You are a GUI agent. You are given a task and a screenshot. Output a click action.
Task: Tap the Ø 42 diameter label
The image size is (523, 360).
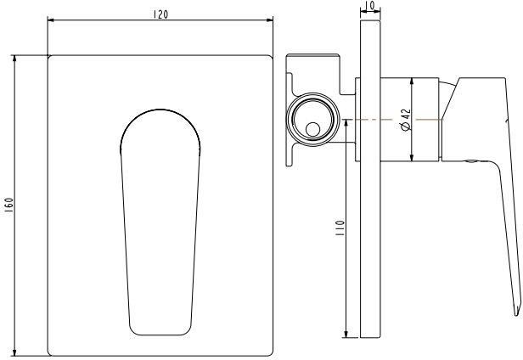tap(405, 120)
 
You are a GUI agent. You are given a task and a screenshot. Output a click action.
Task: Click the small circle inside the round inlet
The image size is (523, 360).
tap(313, 130)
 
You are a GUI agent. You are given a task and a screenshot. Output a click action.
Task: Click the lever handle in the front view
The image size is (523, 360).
tap(161, 229)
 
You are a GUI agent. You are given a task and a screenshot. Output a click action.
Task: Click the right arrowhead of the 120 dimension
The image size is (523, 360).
tap(271, 21)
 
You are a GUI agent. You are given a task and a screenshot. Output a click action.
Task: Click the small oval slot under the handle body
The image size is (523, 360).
tap(471, 160)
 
